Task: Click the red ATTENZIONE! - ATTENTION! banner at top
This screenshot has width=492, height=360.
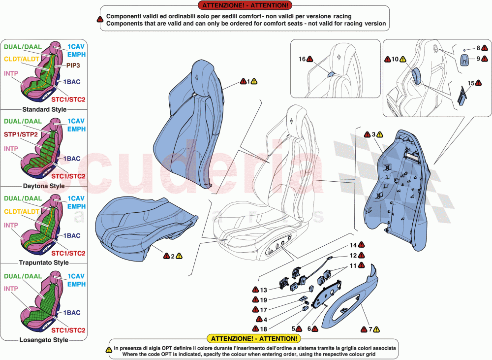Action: (x=244, y=5)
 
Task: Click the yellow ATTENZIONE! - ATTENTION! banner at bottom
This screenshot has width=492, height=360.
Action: (x=253, y=339)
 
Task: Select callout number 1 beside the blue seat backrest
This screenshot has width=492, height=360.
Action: (x=248, y=81)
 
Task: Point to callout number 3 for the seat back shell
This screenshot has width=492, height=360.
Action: (x=373, y=134)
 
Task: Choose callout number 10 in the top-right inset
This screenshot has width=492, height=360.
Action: (x=395, y=60)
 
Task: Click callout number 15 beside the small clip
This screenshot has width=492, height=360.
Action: (x=470, y=83)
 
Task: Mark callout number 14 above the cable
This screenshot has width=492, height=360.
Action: (x=353, y=245)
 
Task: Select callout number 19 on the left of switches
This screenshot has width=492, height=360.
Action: (x=263, y=300)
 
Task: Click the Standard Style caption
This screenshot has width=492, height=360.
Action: (x=44, y=109)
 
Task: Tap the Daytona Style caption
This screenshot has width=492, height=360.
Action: (x=44, y=186)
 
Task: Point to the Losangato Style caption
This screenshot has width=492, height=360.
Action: (x=44, y=340)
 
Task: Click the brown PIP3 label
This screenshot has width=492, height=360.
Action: (x=73, y=65)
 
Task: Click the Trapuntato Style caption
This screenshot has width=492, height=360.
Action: (x=44, y=263)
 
